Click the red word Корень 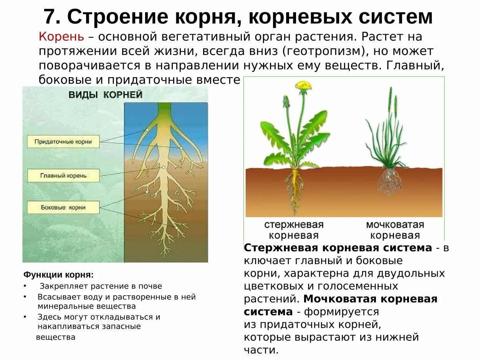coord(61,37)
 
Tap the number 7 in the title coord(49,17)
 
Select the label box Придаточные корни coord(63,142)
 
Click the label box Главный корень coord(63,175)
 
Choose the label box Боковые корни coord(63,207)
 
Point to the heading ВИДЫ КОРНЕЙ coord(105,95)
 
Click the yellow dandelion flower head coord(304,86)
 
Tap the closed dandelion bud coord(286,101)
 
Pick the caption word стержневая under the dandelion coord(294,225)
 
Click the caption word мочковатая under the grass coord(395,225)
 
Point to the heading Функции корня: coord(58,275)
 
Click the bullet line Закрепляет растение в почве coord(101,286)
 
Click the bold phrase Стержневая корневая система coord(338,248)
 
